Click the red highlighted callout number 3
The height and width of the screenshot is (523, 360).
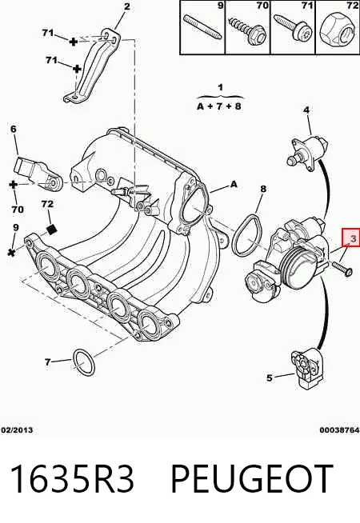[x=352, y=238]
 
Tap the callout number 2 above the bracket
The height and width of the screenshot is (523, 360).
[x=126, y=6]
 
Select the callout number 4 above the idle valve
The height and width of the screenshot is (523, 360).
[x=306, y=110]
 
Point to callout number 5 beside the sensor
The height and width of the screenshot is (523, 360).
[x=270, y=378]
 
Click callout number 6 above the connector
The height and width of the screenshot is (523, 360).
[x=14, y=129]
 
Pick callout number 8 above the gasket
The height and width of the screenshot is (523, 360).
[x=263, y=189]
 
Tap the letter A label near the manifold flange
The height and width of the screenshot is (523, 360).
[x=234, y=184]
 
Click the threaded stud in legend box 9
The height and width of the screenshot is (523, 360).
[x=203, y=28]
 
